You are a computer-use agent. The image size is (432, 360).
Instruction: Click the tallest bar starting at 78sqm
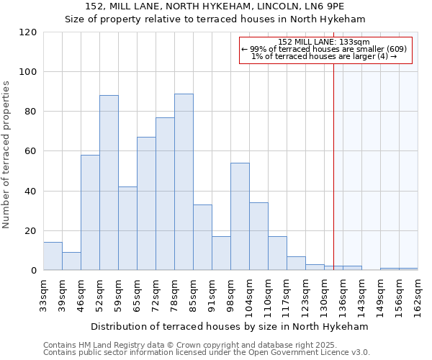click(184, 182)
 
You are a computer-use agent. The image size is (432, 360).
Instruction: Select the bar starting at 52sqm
click(109, 183)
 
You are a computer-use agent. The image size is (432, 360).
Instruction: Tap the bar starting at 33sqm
click(53, 256)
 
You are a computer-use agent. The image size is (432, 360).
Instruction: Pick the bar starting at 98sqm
click(240, 217)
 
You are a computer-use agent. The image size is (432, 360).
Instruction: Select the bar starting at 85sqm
click(202, 238)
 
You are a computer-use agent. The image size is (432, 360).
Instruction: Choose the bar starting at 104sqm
click(258, 236)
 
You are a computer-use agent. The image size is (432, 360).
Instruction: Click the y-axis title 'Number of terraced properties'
click(6, 155)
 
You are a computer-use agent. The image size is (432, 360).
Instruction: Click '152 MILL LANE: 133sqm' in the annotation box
click(323, 42)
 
